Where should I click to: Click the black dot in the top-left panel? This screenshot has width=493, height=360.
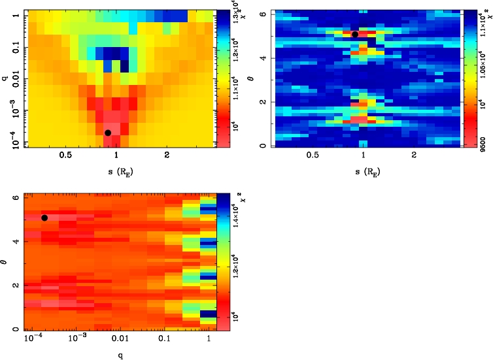(108, 133)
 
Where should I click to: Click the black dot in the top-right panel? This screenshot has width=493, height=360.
(354, 34)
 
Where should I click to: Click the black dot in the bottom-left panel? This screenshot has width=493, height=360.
(44, 218)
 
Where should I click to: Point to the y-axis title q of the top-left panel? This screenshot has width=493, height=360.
(6, 74)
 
